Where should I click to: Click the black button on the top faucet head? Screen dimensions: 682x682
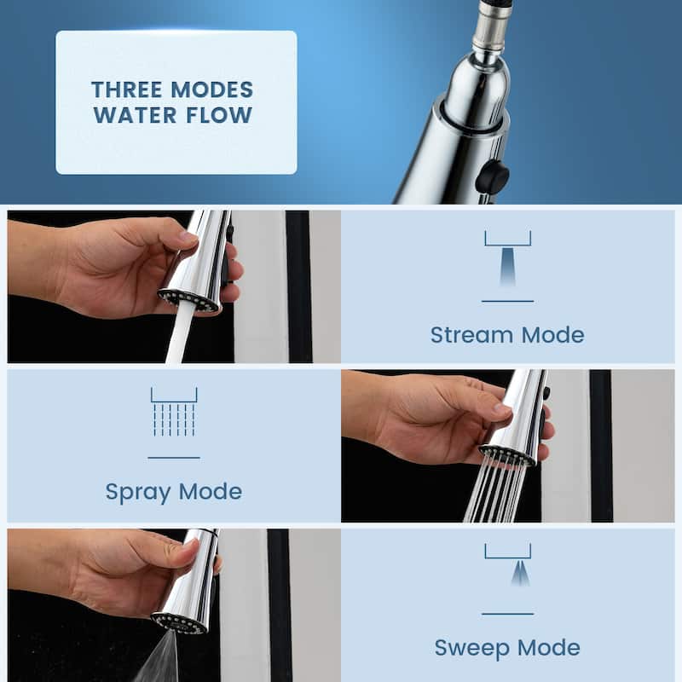492,176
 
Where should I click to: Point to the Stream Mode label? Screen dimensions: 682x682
507,334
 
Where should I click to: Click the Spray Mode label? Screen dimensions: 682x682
173,491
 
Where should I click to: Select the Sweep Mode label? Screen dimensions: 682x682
507,647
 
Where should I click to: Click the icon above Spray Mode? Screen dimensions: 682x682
173,413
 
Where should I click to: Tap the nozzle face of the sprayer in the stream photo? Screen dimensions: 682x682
188,301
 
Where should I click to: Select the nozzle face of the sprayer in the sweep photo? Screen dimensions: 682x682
179,622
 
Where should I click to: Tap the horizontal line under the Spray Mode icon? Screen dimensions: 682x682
173,458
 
